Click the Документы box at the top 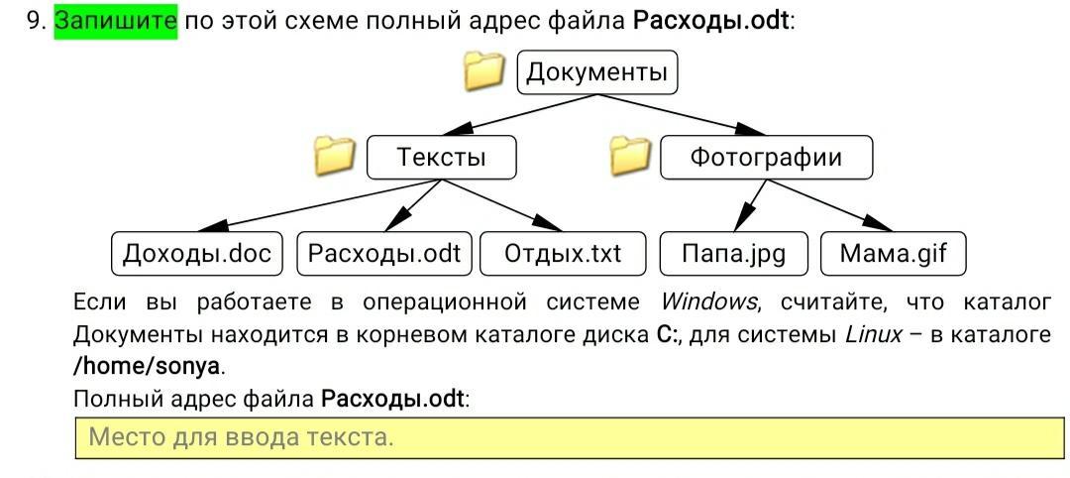(x=597, y=71)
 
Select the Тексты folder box (x=442, y=158)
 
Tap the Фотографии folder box (x=766, y=158)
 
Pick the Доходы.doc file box (x=197, y=253)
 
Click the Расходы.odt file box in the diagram (x=384, y=253)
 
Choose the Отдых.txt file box (x=563, y=253)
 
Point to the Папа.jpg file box (x=733, y=253)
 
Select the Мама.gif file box (x=894, y=253)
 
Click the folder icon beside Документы (x=483, y=71)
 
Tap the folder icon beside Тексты (x=335, y=156)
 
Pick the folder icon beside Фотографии (x=630, y=156)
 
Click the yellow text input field (x=570, y=437)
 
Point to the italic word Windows (x=709, y=301)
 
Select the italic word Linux (x=874, y=335)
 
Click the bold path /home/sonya (x=147, y=367)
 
